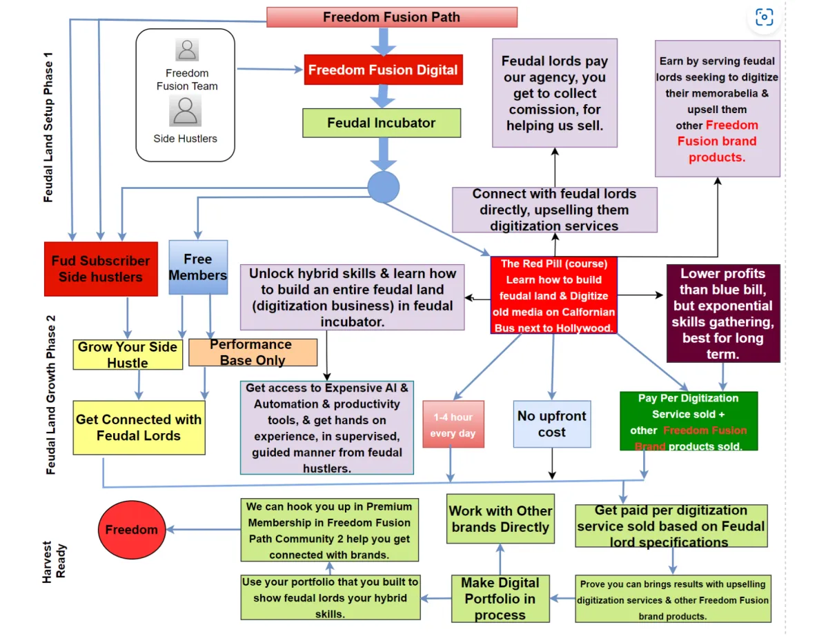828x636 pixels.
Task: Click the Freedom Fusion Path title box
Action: click(392, 17)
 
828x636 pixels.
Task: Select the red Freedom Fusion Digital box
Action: click(384, 70)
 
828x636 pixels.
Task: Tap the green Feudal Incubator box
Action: click(382, 123)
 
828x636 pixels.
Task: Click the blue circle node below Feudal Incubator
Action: click(384, 187)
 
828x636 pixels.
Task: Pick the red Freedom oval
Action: click(132, 529)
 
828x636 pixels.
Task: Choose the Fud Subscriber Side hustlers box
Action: click(101, 269)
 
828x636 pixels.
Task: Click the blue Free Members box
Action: click(198, 267)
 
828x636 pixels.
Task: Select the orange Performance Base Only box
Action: click(253, 352)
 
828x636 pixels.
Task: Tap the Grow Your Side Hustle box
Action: click(128, 355)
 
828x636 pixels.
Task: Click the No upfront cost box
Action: click(552, 424)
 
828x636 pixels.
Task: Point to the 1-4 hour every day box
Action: click(453, 424)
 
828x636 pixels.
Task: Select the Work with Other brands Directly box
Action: click(500, 519)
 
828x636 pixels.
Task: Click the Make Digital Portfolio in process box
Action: click(500, 598)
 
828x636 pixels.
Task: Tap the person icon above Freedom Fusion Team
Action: click(187, 50)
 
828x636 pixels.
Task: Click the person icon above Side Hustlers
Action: click(185, 110)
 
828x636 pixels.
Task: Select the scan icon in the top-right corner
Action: click(764, 17)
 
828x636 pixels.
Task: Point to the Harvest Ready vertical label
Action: click(54, 562)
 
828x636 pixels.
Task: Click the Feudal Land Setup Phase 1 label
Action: click(48, 127)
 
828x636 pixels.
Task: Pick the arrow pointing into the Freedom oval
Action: click(204, 529)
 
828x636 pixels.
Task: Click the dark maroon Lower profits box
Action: click(723, 313)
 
